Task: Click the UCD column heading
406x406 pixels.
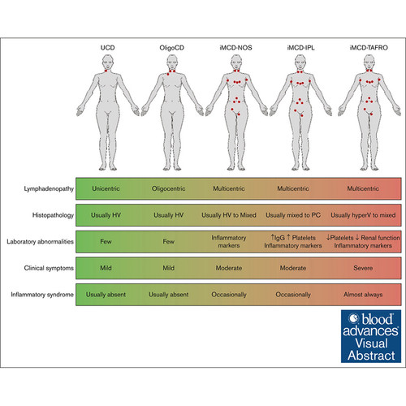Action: click(x=108, y=48)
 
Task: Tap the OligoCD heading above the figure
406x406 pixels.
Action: click(x=172, y=48)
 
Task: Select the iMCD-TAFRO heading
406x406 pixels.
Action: click(x=369, y=48)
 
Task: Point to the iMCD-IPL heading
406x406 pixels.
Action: click(x=300, y=48)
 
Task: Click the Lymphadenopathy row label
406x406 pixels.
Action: click(x=49, y=189)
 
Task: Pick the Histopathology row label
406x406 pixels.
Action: click(x=53, y=215)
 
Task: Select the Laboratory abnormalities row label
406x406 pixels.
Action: click(x=40, y=241)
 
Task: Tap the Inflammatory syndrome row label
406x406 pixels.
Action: click(x=42, y=295)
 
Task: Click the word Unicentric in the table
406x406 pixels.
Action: click(x=106, y=188)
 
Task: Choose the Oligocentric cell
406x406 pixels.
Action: click(x=168, y=188)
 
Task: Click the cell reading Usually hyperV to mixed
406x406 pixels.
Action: click(x=363, y=215)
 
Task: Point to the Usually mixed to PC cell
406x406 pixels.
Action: click(x=293, y=215)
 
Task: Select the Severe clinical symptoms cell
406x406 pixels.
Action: click(x=363, y=268)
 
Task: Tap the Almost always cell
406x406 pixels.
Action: click(x=363, y=295)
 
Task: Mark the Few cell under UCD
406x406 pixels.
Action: click(x=106, y=241)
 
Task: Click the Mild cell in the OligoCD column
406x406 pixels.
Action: click(x=168, y=268)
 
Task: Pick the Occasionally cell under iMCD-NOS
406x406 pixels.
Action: click(x=229, y=295)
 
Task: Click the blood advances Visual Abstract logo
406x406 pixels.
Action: click(x=371, y=336)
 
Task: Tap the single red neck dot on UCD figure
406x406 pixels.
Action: click(x=106, y=71)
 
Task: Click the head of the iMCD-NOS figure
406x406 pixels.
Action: click(x=236, y=62)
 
